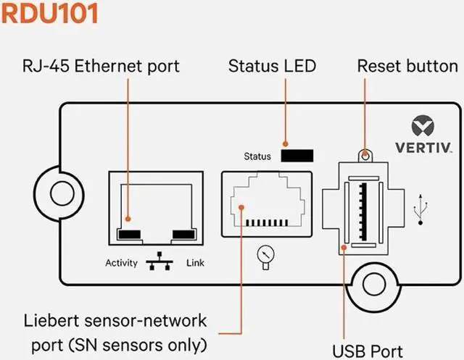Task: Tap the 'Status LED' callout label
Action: (x=272, y=67)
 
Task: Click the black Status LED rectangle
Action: (x=297, y=156)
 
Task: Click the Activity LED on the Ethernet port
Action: (x=130, y=234)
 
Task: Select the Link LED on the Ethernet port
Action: (x=182, y=234)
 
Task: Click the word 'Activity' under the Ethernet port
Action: (x=121, y=263)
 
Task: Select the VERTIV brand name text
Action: (x=423, y=148)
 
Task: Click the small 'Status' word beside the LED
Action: (x=257, y=156)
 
